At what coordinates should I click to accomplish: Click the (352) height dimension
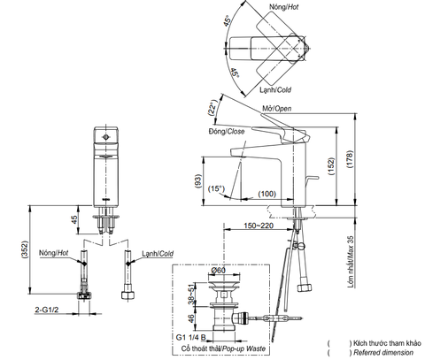[x=25, y=250]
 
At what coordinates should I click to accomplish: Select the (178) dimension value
[x=350, y=159]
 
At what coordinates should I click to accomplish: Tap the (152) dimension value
[x=332, y=166]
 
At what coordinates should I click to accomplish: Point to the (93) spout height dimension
[x=198, y=181]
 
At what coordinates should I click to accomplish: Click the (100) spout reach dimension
[x=267, y=194]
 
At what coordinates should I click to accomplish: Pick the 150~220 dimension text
[x=259, y=226]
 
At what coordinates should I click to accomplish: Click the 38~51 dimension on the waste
[x=191, y=295]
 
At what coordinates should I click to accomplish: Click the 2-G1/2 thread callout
[x=47, y=310]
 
